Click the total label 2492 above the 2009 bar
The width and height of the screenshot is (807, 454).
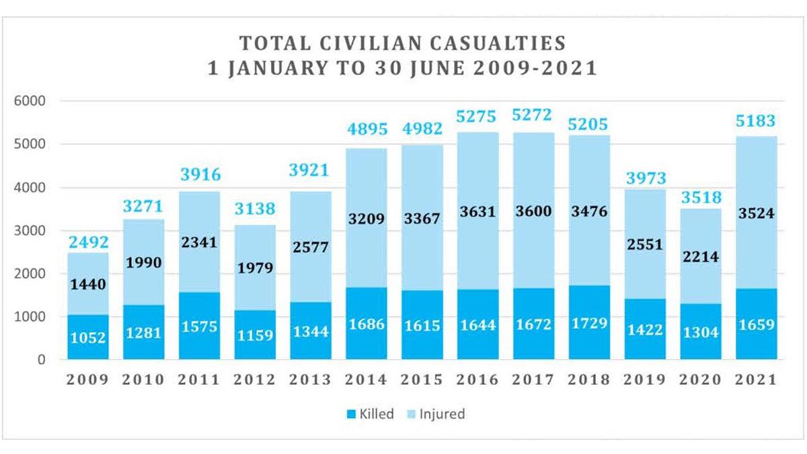point(87,241)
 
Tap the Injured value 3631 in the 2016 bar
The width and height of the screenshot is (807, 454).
point(478,211)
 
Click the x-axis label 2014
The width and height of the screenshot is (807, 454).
point(367,379)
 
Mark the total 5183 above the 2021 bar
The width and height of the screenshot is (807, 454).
point(756,122)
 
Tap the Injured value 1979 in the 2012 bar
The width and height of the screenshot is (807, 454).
point(255,268)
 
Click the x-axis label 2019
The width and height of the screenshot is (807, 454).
point(645,379)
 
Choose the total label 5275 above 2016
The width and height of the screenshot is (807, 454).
point(478,117)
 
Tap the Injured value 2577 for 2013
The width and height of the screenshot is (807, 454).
point(311,247)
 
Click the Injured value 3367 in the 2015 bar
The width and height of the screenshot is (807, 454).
point(422,219)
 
